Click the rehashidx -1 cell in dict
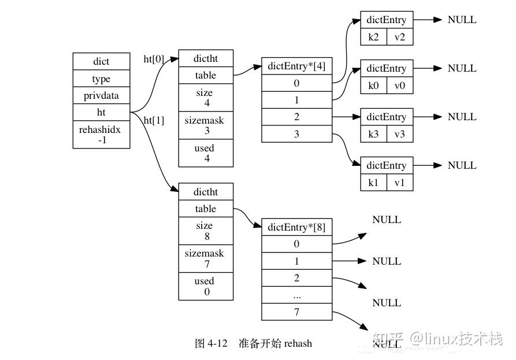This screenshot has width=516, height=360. [101, 135]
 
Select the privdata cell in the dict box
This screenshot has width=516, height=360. [101, 95]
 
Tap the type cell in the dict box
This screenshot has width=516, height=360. [101, 79]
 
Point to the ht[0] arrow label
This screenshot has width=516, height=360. [154, 58]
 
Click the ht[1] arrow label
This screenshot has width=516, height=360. [154, 120]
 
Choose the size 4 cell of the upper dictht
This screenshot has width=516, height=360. [205, 97]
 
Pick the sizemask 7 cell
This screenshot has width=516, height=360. [205, 258]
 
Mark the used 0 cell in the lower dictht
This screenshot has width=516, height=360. [205, 286]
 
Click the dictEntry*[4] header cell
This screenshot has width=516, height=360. [296, 65]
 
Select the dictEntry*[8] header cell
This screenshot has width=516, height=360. [296, 227]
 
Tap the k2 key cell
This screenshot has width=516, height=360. [373, 37]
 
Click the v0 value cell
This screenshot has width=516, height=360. [399, 86]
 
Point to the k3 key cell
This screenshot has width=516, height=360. [373, 134]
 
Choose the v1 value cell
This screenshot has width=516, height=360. [399, 183]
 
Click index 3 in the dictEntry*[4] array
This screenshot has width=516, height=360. [296, 134]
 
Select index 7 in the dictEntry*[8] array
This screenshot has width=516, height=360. [296, 312]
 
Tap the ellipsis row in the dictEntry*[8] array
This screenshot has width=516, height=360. [296, 295]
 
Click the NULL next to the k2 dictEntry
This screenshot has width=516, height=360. [462, 20]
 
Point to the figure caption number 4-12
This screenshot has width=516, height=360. [217, 343]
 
